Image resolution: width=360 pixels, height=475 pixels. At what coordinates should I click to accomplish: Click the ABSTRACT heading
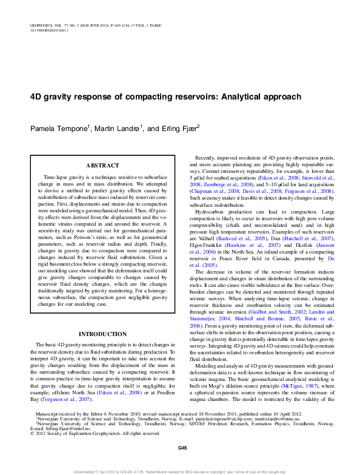point(98,165)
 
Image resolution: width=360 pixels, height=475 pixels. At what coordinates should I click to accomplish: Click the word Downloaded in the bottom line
point(87,470)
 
